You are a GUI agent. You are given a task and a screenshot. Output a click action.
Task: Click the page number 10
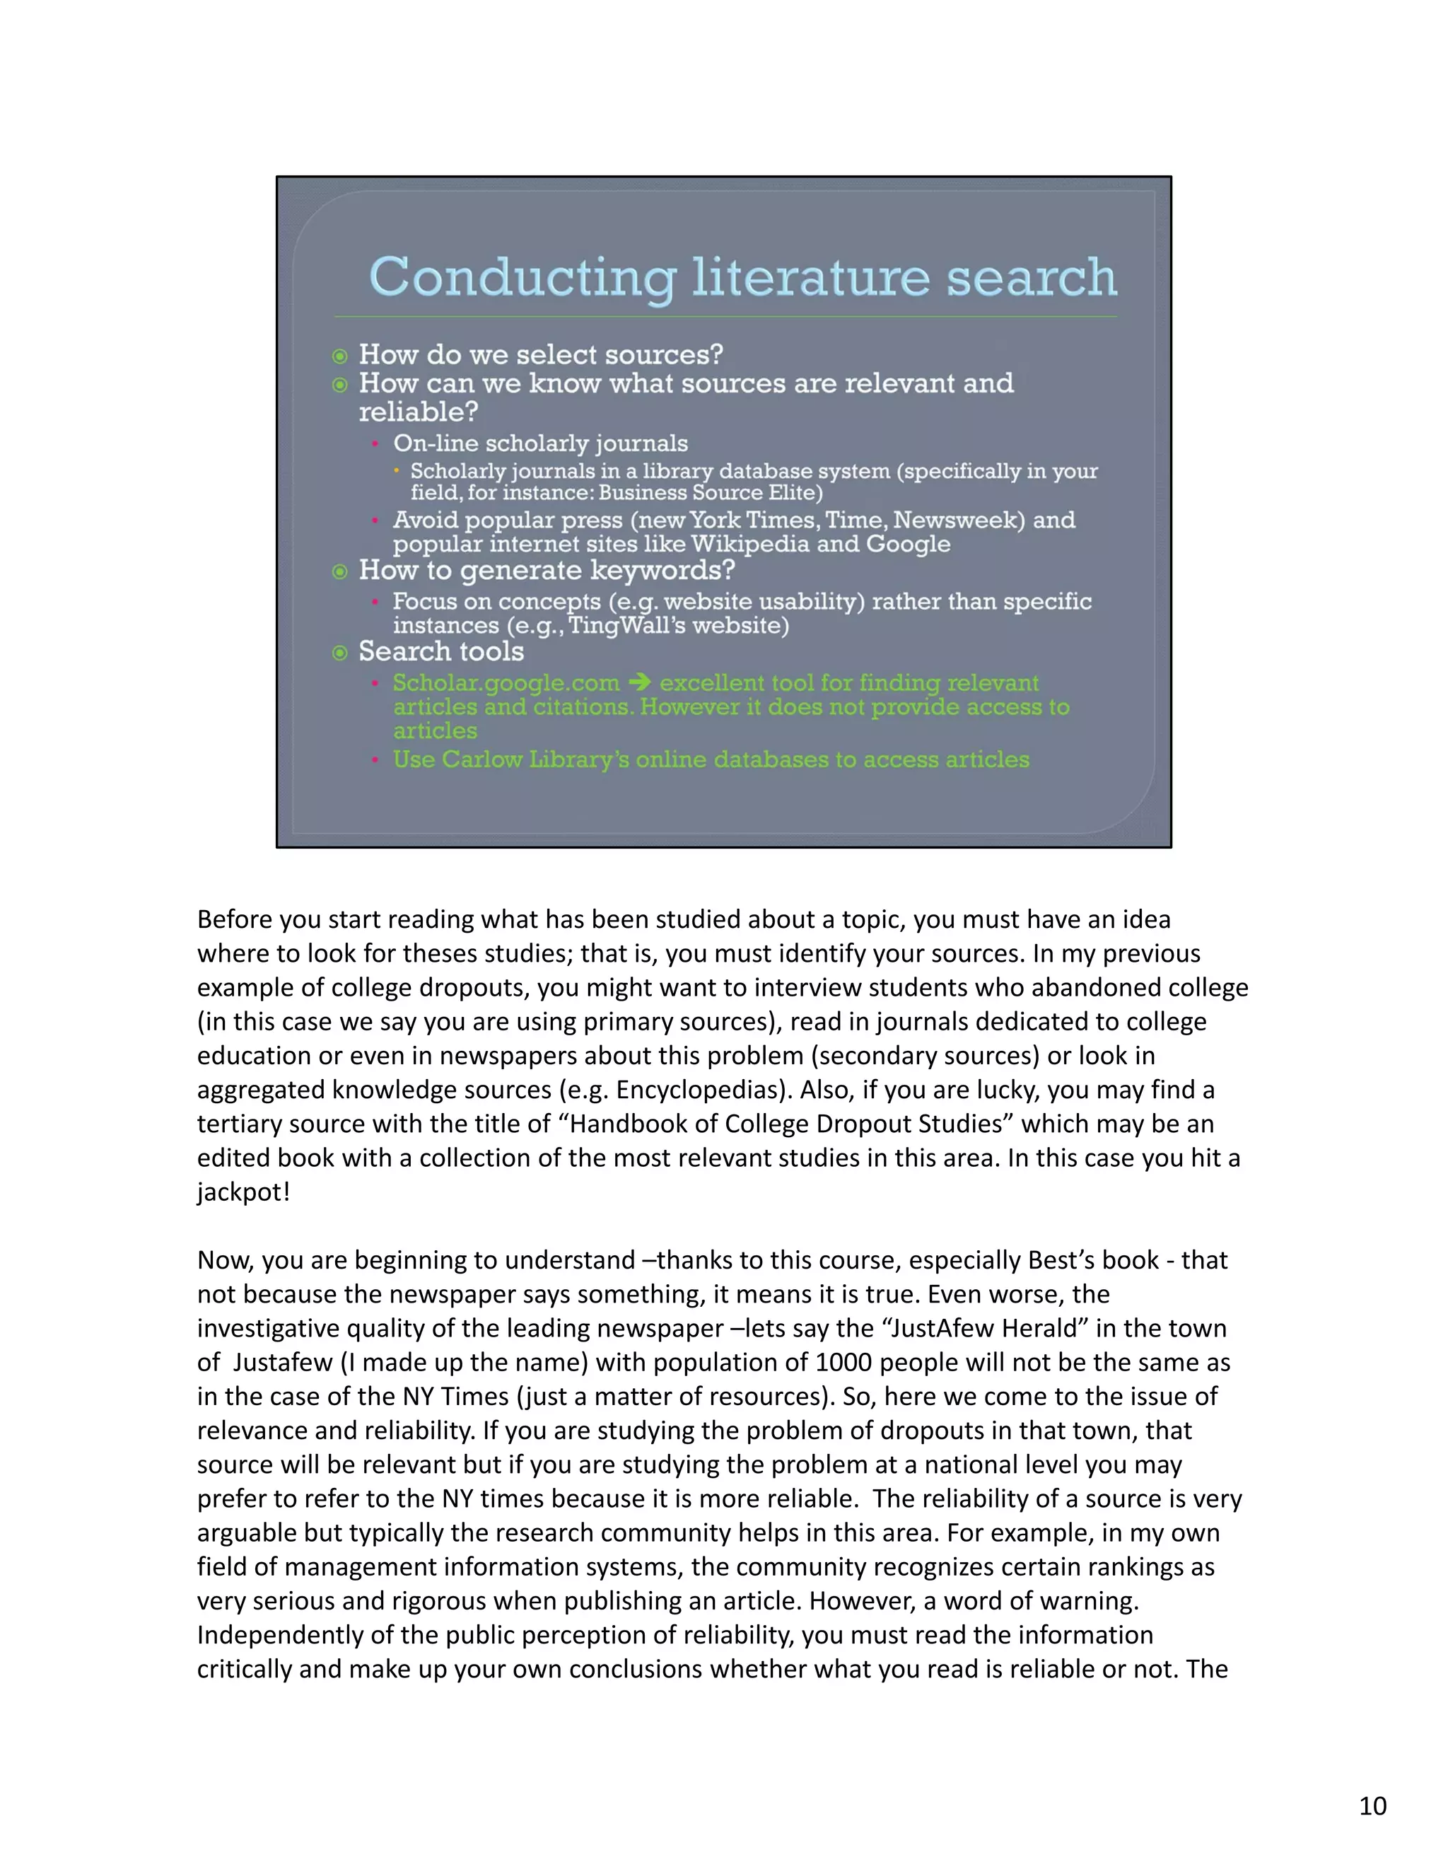[x=1372, y=1806]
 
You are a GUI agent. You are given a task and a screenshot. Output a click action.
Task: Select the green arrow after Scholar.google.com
[x=639, y=683]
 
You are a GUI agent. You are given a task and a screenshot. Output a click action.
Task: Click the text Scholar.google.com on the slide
[x=506, y=683]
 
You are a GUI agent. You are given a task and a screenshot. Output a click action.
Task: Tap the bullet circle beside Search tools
[x=339, y=653]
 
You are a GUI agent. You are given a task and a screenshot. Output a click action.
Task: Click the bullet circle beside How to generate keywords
[x=339, y=571]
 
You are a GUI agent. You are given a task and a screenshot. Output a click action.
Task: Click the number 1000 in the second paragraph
[x=843, y=1363]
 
